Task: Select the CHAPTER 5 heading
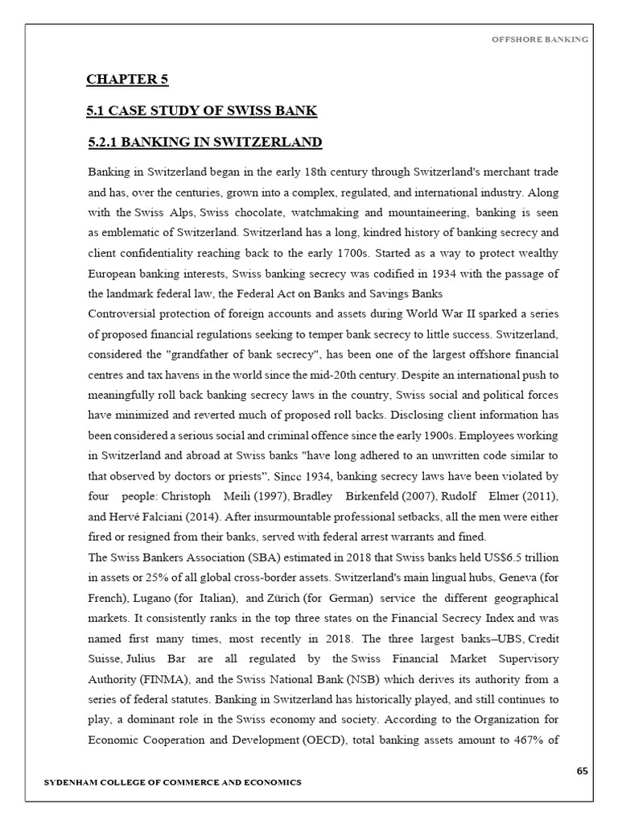(128, 79)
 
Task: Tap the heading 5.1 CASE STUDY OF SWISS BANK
(203, 110)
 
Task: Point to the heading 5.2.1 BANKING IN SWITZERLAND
(205, 143)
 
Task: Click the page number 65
(583, 772)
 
